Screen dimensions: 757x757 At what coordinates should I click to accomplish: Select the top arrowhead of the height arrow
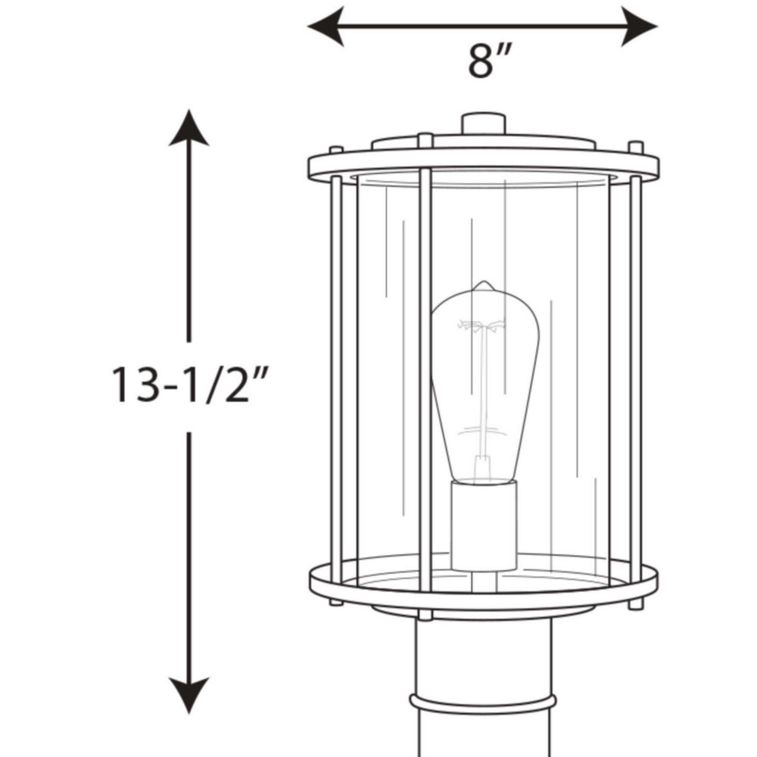point(188,129)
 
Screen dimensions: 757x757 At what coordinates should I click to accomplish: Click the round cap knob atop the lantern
point(483,123)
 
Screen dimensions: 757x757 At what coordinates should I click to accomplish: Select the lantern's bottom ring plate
point(484,587)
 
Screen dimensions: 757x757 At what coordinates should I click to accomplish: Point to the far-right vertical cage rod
point(635,378)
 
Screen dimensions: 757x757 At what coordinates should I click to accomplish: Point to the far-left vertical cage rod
point(336,378)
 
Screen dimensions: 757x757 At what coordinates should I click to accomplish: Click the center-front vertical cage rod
point(425,378)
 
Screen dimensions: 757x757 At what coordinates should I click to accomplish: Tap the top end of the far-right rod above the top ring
point(636,147)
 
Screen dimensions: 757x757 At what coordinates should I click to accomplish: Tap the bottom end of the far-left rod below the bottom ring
point(336,602)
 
